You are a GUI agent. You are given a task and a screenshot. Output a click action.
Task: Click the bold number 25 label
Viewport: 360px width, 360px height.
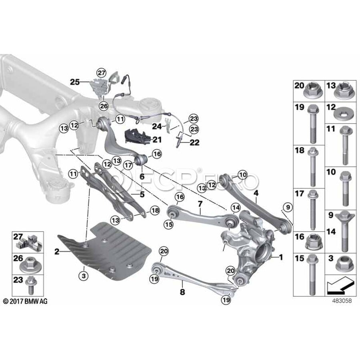click(75, 82)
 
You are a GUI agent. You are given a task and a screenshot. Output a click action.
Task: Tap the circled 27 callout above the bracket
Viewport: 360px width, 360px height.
click(101, 73)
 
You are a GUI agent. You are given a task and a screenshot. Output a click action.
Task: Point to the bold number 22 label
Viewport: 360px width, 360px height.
click(194, 142)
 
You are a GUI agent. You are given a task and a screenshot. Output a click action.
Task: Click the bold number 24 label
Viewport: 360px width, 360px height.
click(157, 126)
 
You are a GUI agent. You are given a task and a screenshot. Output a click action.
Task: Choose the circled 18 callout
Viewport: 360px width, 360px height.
click(155, 210)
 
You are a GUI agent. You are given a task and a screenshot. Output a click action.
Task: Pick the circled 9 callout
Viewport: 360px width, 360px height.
click(288, 207)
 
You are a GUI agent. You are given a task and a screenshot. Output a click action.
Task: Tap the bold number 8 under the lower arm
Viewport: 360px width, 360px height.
click(182, 292)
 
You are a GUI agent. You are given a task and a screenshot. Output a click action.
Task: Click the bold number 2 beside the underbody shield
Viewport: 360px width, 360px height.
click(57, 252)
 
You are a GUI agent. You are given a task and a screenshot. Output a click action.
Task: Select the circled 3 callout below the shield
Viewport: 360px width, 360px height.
click(84, 276)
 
